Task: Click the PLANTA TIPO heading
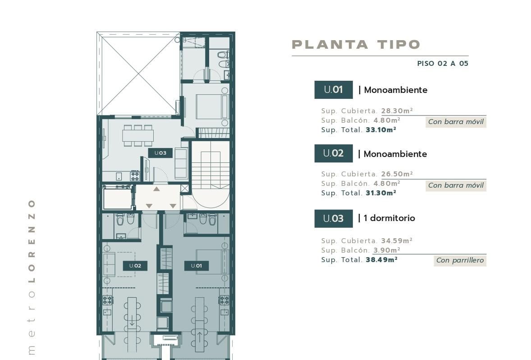[x=356, y=44]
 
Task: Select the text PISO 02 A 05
[x=443, y=64]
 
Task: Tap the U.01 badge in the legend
[x=334, y=90]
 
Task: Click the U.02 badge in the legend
[x=334, y=153]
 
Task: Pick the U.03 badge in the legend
[x=334, y=219]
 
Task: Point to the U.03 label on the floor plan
[x=160, y=153]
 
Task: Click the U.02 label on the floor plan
[x=135, y=266]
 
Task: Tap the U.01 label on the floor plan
[x=197, y=266]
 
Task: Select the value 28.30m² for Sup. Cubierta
[x=397, y=111]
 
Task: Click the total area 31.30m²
[x=381, y=193]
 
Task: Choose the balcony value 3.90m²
[x=387, y=250]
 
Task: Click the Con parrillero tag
[x=460, y=260]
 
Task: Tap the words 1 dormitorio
[x=389, y=218]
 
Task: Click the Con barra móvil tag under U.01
[x=456, y=122]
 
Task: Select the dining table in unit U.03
[x=138, y=136]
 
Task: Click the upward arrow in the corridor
[x=156, y=189]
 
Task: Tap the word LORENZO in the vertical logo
[x=32, y=241]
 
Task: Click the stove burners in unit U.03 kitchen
[x=135, y=176]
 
